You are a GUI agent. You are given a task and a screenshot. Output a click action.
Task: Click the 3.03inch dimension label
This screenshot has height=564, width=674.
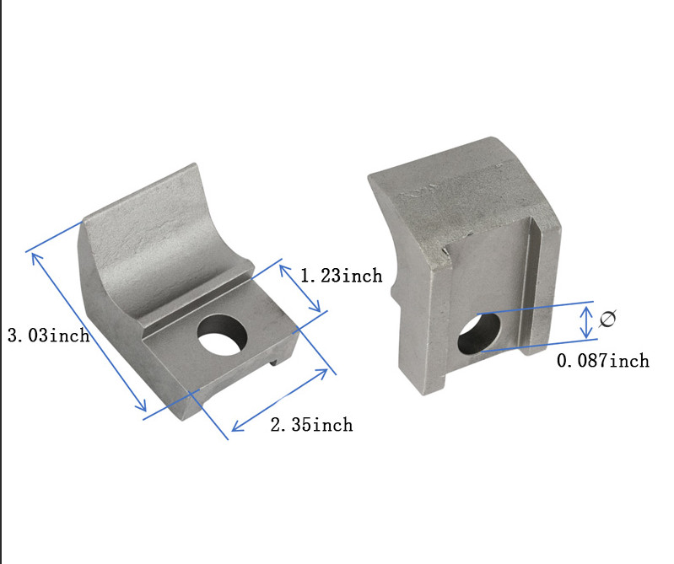[48, 336]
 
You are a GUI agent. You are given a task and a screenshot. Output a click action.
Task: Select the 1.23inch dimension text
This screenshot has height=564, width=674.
[341, 276]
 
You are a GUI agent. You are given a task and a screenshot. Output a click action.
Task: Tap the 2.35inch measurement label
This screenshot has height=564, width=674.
[311, 424]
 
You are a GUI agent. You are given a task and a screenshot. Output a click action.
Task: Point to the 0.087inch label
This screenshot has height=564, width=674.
[603, 361]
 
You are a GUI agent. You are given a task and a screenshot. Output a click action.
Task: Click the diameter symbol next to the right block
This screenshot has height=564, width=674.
[607, 320]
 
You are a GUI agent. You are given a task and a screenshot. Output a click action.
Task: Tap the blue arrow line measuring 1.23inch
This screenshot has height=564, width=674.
[299, 287]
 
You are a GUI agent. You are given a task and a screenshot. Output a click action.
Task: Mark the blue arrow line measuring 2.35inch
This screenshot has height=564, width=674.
[279, 400]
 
